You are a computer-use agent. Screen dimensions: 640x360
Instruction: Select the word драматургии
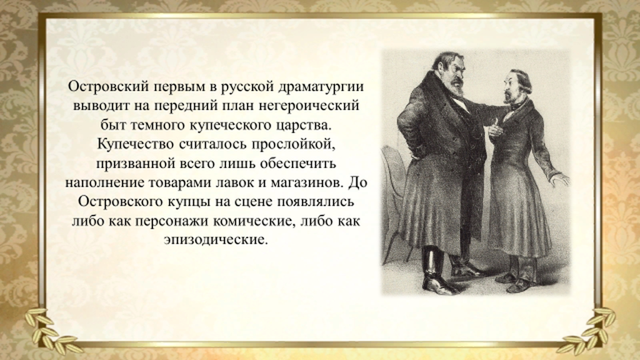click(321, 87)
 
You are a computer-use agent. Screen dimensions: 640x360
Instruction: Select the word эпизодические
click(216, 240)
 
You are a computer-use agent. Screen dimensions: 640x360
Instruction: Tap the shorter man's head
click(517, 86)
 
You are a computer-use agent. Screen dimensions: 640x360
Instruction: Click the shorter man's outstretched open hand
click(561, 178)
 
